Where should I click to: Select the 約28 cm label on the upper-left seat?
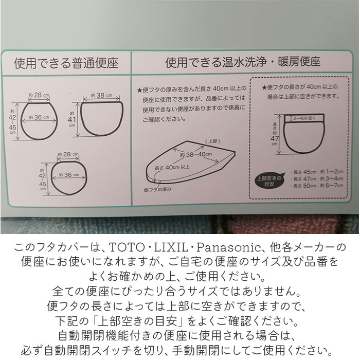coord(39,95)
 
